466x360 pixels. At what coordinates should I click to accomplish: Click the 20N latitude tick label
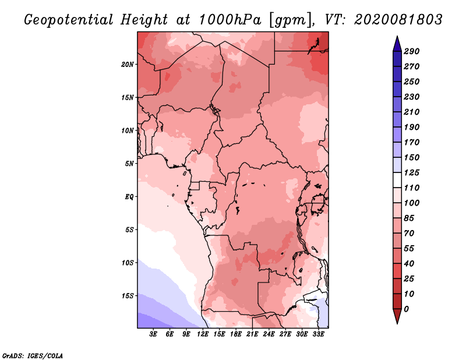[128, 65]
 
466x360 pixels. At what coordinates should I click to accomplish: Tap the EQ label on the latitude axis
[129, 197]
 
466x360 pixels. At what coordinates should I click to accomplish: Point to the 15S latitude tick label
[128, 296]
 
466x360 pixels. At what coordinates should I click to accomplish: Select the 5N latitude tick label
[129, 164]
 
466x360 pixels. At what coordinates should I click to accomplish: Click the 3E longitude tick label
[153, 334]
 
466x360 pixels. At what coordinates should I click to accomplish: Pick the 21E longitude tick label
[252, 334]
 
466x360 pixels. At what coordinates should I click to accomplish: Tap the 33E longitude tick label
[318, 334]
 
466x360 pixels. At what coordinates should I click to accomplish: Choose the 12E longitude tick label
[203, 334]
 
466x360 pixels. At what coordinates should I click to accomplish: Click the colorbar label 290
[411, 51]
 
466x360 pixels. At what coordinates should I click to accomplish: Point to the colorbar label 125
[411, 172]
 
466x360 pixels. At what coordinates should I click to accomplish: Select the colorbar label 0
[406, 309]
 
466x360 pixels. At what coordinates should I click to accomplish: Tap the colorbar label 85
[409, 218]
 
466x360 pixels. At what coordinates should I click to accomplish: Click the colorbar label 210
[411, 112]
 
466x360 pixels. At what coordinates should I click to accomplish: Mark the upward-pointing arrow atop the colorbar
[397, 44]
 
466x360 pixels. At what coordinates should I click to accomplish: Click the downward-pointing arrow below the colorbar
[397, 316]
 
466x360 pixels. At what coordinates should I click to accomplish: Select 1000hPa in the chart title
[230, 20]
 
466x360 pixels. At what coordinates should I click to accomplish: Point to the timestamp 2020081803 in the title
[398, 20]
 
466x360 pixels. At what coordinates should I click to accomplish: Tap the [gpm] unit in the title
[291, 20]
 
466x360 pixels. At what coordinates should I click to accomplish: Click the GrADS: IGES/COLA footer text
[33, 356]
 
